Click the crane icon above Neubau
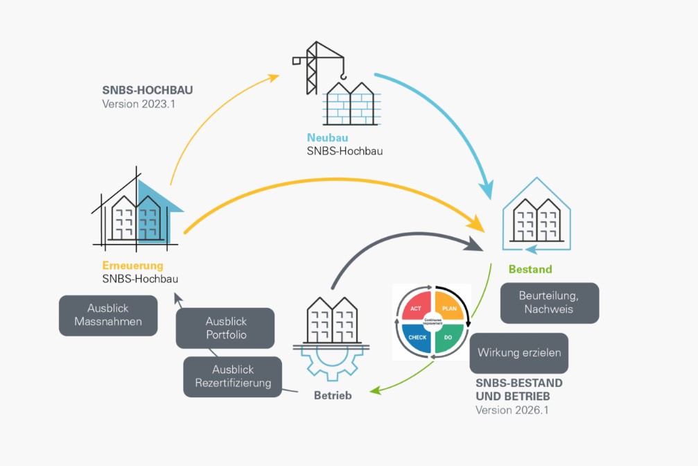[x=318, y=66]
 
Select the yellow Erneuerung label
[x=133, y=266]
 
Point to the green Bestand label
[x=530, y=269]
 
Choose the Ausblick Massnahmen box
[x=108, y=316]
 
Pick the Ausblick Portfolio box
[x=226, y=329]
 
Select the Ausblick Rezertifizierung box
[x=233, y=376]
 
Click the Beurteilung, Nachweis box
[x=550, y=302]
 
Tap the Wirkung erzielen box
[x=519, y=352]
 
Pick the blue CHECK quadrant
[x=417, y=337]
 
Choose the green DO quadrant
[x=449, y=337]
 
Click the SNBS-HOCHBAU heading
[x=146, y=90]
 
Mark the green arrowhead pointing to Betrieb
[x=374, y=391]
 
